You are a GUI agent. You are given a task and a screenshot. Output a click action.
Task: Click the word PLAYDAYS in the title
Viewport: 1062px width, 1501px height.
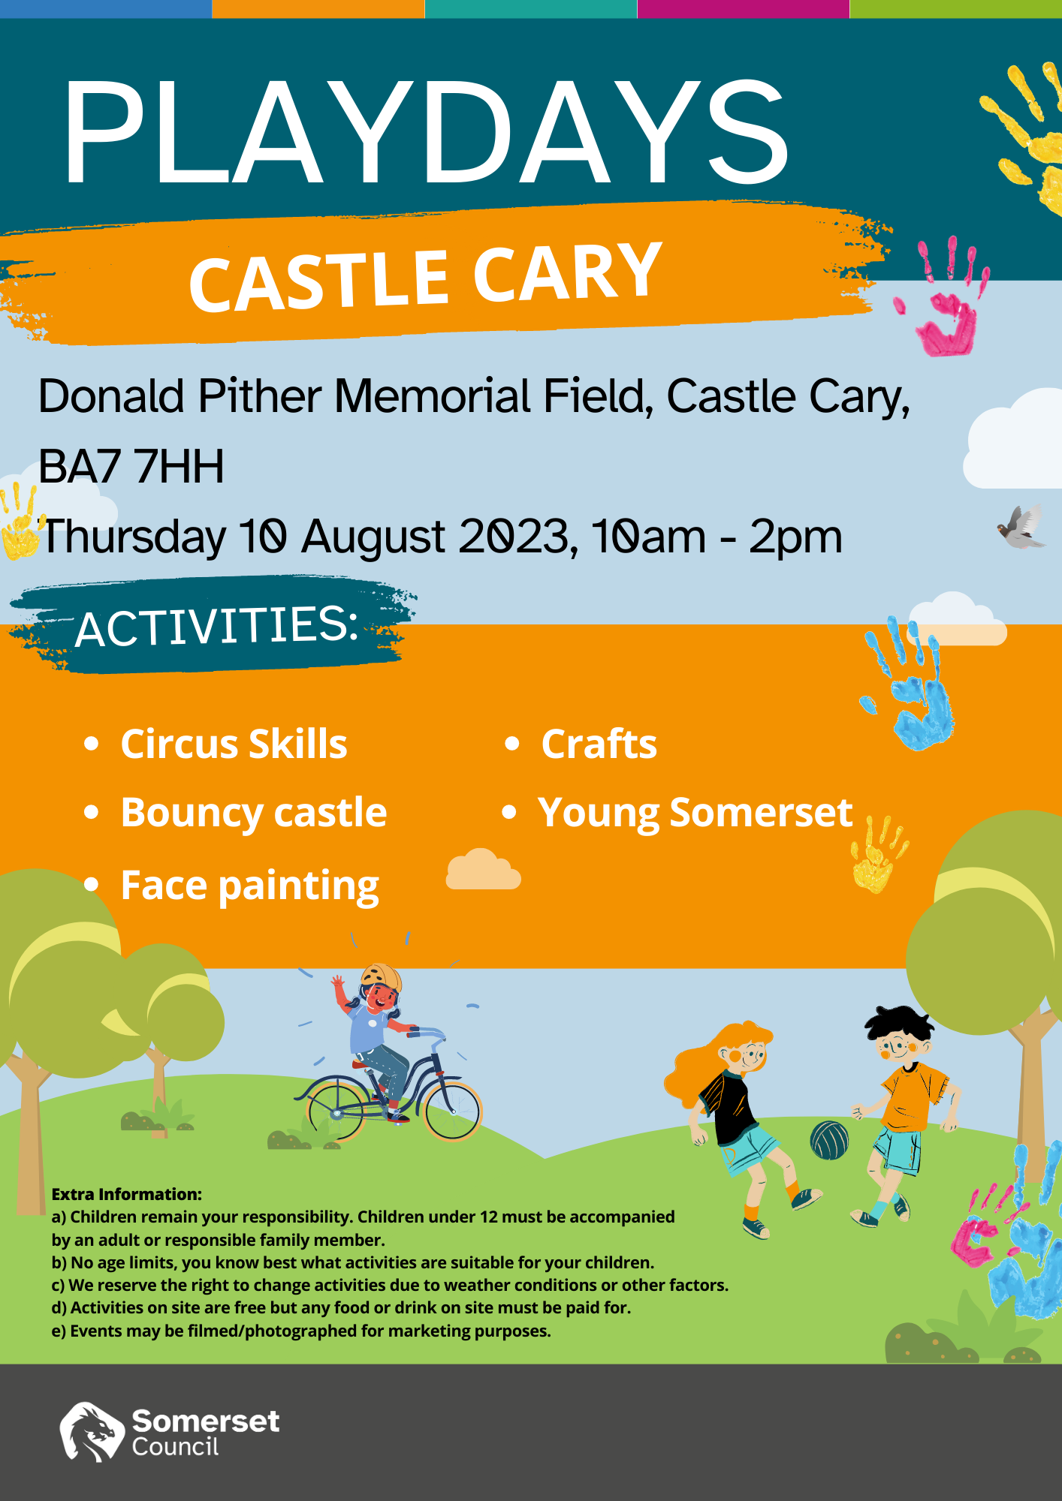[425, 132]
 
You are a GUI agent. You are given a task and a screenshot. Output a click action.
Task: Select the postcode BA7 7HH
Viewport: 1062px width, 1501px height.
[131, 466]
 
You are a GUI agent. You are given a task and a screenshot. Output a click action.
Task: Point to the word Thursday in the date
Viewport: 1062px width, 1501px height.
[134, 537]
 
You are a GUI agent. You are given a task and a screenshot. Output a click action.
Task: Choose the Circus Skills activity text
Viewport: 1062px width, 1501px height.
[234, 744]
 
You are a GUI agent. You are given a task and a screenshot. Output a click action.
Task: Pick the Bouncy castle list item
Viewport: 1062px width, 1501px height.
[253, 813]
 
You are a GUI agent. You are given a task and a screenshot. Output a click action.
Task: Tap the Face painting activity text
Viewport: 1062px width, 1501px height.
[249, 886]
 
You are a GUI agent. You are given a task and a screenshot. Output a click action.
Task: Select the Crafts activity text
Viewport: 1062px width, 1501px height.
[599, 744]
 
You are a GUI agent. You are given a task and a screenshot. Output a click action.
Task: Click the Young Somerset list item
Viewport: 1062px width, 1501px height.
[695, 813]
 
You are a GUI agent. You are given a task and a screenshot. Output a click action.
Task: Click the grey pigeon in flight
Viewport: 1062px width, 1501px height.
[1021, 527]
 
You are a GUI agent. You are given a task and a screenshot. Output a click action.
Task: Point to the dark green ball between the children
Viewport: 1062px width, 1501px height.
[829, 1140]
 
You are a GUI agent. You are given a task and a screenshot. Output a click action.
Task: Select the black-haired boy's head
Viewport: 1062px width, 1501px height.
[900, 1034]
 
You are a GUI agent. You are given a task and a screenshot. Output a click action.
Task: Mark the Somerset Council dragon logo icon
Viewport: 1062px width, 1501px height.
[91, 1432]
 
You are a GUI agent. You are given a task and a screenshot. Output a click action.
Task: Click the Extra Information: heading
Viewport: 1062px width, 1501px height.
[127, 1194]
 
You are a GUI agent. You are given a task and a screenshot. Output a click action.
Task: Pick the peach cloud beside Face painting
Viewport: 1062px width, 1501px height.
[483, 870]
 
